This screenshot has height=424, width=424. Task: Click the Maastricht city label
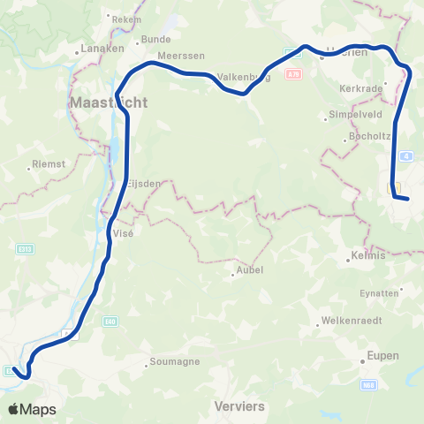pos(108,102)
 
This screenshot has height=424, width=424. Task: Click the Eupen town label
pos(382,356)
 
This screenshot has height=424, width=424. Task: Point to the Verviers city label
pos(239,406)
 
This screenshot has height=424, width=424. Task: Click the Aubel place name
pos(246,273)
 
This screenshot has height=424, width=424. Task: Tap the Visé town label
pos(122,233)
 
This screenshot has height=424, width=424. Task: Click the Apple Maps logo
pos(32,409)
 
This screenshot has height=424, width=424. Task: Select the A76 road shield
pos(293,75)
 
